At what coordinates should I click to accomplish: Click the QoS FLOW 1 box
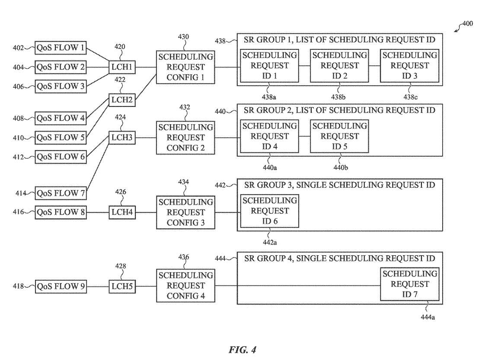[61, 48]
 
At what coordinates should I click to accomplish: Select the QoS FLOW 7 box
[61, 193]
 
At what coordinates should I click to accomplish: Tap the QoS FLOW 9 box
[61, 286]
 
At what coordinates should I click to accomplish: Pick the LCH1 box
[121, 67]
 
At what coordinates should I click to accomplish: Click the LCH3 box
[121, 138]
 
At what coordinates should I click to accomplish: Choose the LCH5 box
[121, 286]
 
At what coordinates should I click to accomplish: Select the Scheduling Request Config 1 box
[185, 67]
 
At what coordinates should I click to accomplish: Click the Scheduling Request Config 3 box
[185, 212]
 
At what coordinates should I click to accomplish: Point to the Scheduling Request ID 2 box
[339, 66]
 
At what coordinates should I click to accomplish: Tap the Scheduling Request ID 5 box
[339, 136]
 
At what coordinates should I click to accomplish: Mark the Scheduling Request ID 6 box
[269, 211]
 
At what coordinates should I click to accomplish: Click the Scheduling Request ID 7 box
[409, 284]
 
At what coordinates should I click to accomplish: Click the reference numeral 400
[467, 24]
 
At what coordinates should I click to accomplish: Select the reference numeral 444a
[428, 318]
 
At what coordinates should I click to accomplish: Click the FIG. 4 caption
[242, 350]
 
